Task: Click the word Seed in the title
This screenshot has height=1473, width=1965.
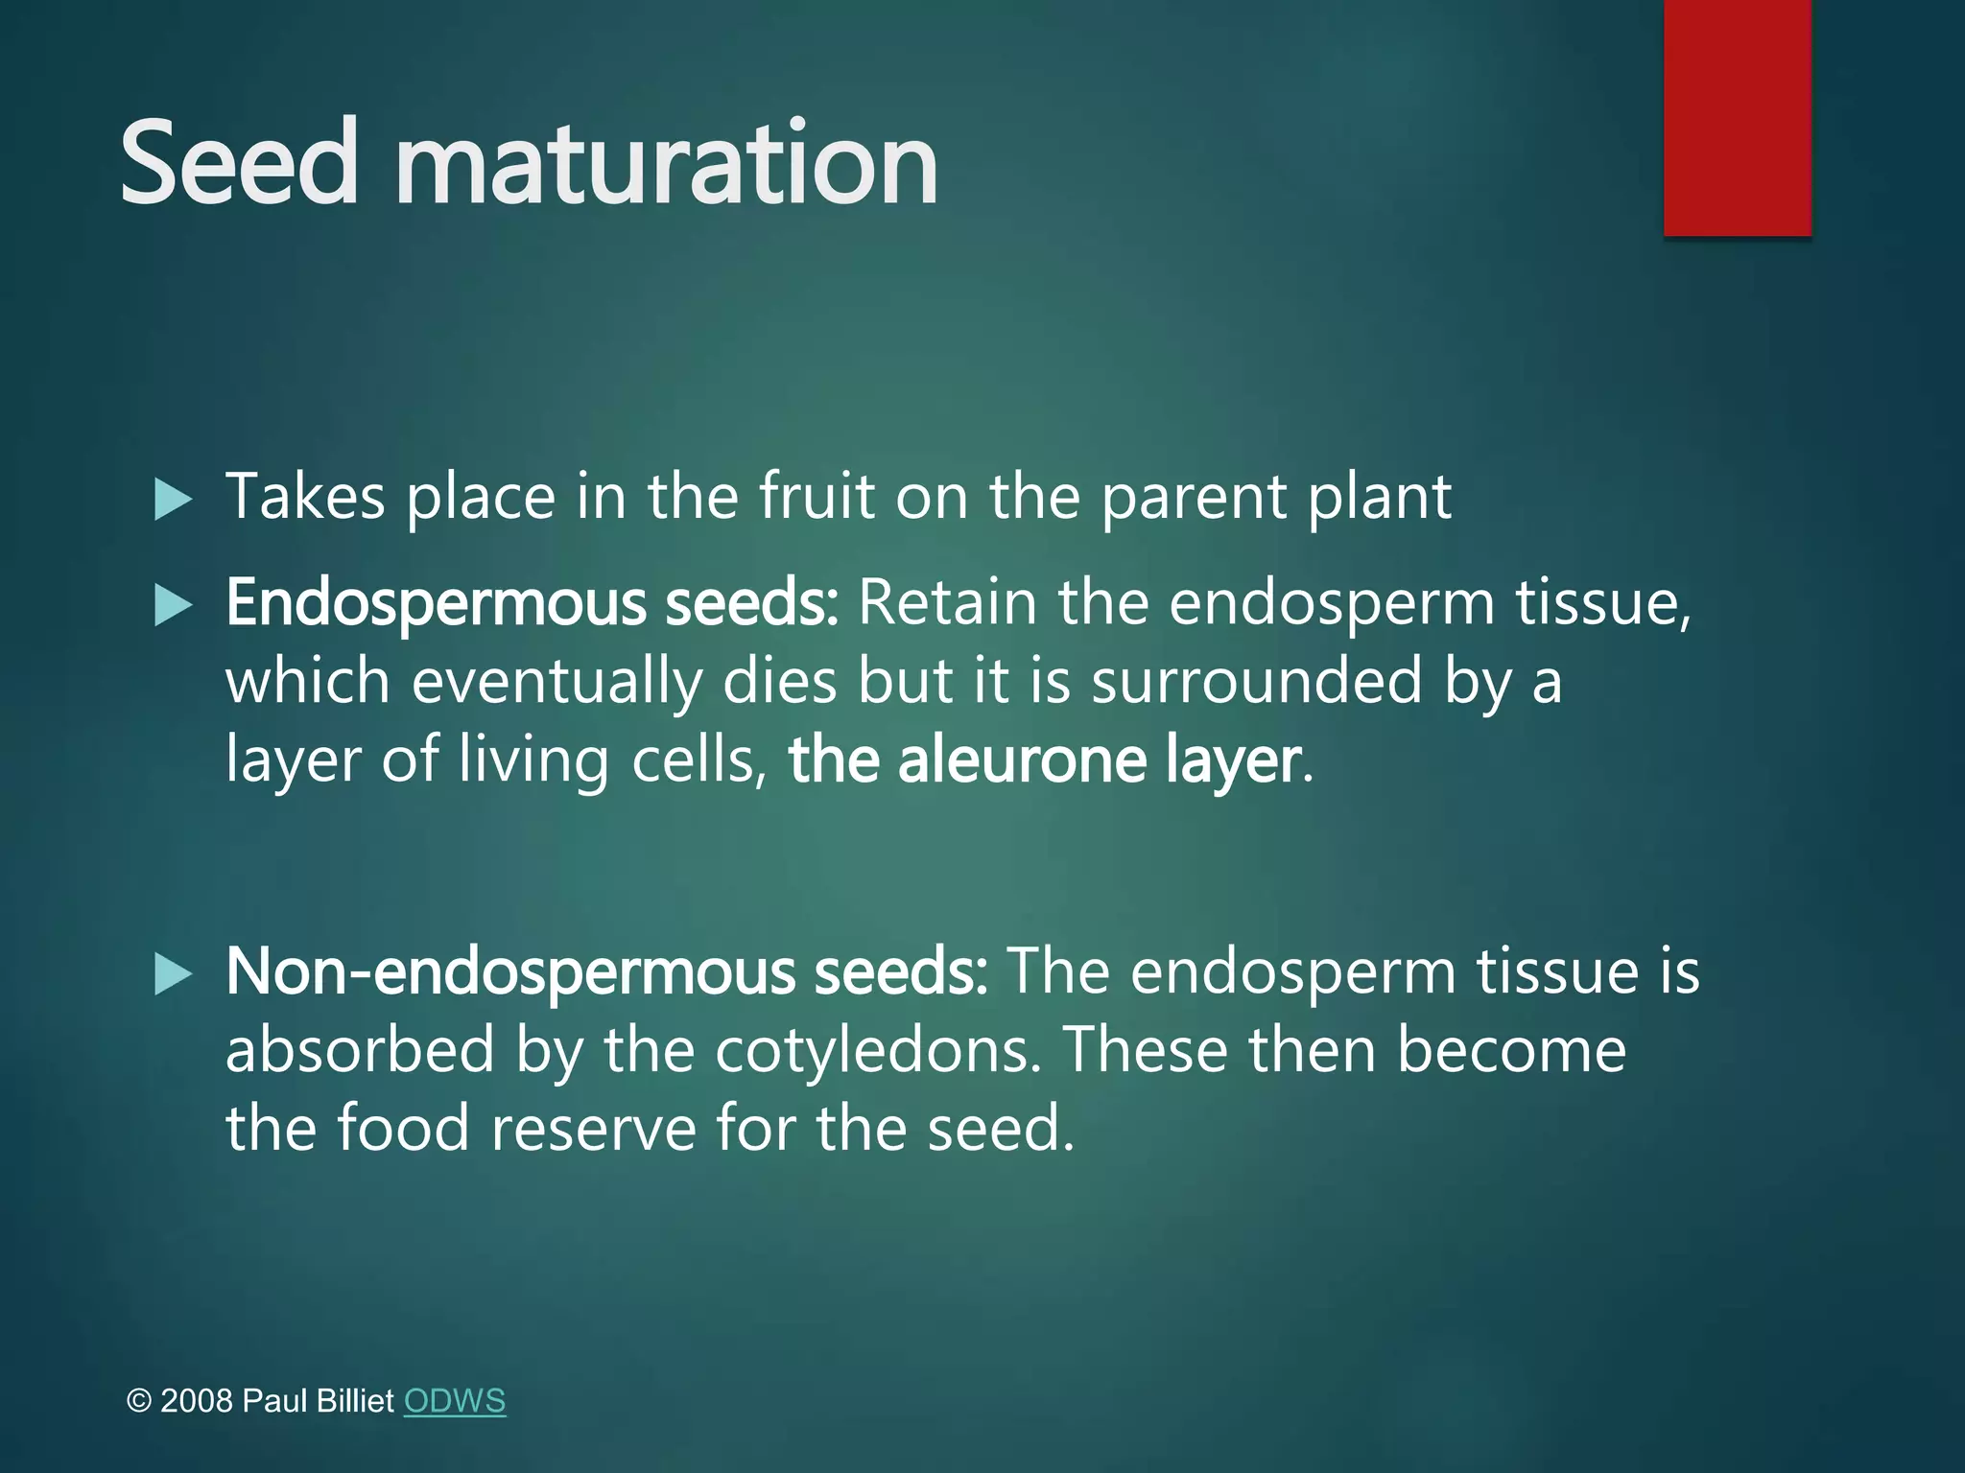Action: coord(239,163)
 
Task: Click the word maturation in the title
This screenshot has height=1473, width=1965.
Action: coord(666,163)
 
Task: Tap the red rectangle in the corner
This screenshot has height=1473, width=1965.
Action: coord(1737,117)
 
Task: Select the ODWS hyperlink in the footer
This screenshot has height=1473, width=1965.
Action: coord(454,1401)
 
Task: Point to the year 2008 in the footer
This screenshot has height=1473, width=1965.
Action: coord(197,1401)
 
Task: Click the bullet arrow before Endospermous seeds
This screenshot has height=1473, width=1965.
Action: coord(173,606)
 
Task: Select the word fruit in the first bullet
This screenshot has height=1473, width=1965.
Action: coord(817,497)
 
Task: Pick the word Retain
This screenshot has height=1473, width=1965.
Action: coord(947,604)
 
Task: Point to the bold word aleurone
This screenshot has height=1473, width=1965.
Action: coord(1022,760)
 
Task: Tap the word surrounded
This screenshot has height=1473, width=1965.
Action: coord(1257,681)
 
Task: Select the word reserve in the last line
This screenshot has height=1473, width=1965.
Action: coord(593,1128)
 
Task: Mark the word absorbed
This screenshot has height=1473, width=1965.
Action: coord(360,1050)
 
